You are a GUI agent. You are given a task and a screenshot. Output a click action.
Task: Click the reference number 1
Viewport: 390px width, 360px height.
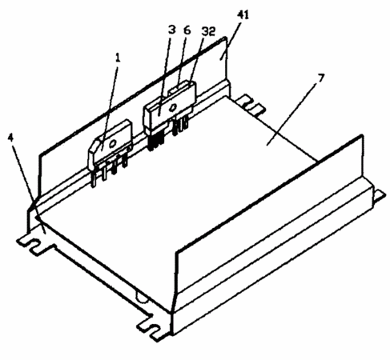click(118, 58)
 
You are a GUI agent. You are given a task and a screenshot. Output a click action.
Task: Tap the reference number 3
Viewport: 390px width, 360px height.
click(172, 30)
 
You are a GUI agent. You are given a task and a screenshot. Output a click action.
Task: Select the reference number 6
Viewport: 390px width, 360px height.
click(187, 30)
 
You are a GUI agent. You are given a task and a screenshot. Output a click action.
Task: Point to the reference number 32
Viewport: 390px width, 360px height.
click(208, 31)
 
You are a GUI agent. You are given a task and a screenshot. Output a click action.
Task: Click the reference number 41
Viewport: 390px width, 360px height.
click(243, 15)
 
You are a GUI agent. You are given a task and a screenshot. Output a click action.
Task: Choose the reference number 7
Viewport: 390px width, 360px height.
click(321, 78)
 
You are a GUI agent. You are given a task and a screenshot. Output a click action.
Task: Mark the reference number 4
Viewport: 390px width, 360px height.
click(10, 138)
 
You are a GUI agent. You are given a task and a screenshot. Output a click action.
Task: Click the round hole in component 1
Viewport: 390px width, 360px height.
click(112, 143)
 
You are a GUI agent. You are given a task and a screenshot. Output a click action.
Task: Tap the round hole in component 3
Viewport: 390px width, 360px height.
click(173, 107)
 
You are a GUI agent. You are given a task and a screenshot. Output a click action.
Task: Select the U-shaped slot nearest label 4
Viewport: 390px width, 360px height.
click(34, 243)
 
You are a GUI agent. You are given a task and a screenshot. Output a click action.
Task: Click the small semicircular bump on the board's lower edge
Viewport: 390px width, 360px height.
click(141, 298)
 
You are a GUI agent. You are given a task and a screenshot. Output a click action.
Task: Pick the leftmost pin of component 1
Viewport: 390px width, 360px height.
click(93, 178)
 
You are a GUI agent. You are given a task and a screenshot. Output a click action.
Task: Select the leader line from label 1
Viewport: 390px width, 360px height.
click(110, 105)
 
